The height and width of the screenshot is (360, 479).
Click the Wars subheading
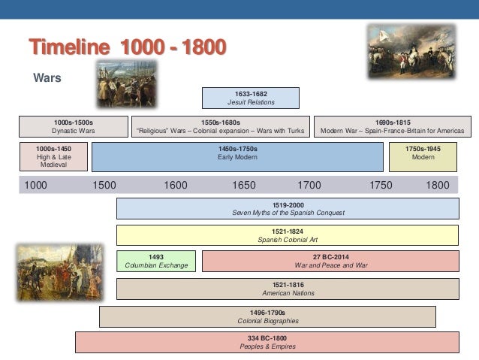47,77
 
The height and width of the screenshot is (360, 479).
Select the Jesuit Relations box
251,98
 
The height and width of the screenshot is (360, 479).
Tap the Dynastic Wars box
74,126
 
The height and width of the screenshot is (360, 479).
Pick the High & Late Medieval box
53,157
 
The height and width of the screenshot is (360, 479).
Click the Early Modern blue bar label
237,153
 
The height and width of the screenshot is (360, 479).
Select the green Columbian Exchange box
156,261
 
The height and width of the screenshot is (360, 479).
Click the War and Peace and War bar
330,261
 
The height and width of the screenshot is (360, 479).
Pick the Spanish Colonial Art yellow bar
288,234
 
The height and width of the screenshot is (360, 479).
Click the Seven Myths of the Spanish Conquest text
288,213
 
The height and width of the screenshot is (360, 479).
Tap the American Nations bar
288,289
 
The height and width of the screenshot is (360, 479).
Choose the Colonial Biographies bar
267,316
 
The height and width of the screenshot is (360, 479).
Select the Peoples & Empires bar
267,342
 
